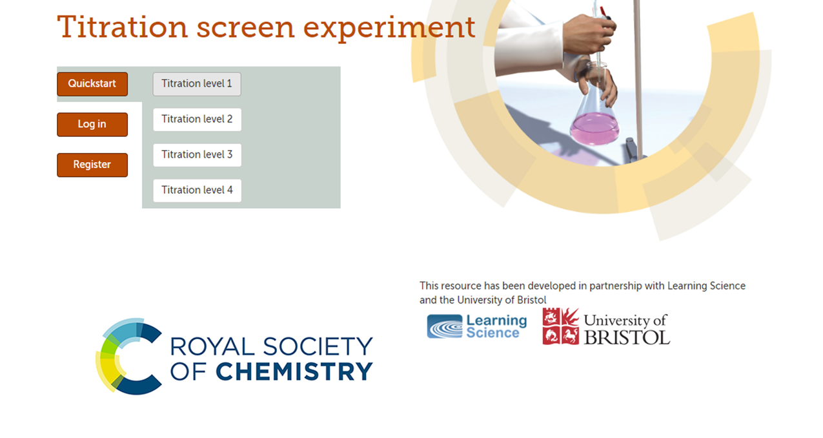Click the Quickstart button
[x=92, y=84]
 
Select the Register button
[x=92, y=165]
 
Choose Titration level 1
[x=197, y=84]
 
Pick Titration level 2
[x=197, y=119]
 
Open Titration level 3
[x=197, y=155]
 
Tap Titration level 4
[x=197, y=190]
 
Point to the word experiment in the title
[x=389, y=28]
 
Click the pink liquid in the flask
[x=594, y=129]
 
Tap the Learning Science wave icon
[x=445, y=326]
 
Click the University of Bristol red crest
[x=561, y=326]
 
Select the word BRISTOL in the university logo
[x=627, y=338]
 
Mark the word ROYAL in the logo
[x=212, y=346]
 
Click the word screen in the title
[x=245, y=28]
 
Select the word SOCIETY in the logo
[x=318, y=346]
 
